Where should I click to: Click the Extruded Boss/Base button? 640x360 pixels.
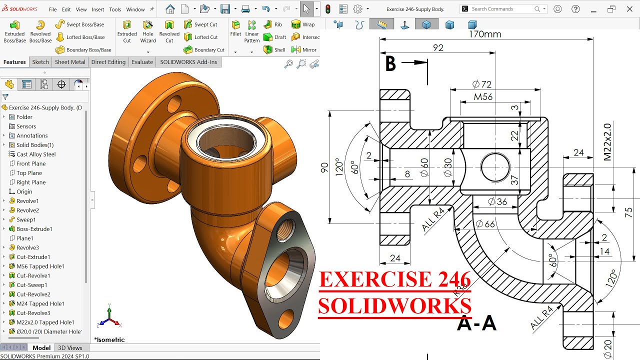pyautogui.click(x=14, y=31)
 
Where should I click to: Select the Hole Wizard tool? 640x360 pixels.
pyautogui.click(x=148, y=31)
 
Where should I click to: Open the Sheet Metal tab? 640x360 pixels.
pyautogui.click(x=70, y=62)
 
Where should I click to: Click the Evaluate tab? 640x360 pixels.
pyautogui.click(x=142, y=62)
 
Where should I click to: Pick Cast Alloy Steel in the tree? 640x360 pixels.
pyautogui.click(x=35, y=154)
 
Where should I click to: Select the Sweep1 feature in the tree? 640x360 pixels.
pyautogui.click(x=26, y=219)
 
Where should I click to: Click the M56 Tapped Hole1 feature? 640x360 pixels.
pyautogui.click(x=40, y=266)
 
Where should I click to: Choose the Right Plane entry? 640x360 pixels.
pyautogui.click(x=31, y=182)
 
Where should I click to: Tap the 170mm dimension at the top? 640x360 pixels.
pyautogui.click(x=484, y=34)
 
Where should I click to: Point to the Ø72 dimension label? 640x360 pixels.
pyautogui.click(x=481, y=84)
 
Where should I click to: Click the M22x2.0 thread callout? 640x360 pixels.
pyautogui.click(x=607, y=141)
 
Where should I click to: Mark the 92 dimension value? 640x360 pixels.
pyautogui.click(x=438, y=48)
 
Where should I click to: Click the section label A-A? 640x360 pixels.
pyautogui.click(x=476, y=323)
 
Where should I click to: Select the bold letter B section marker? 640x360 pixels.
pyautogui.click(x=390, y=64)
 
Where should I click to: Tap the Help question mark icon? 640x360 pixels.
pyautogui.click(x=575, y=9)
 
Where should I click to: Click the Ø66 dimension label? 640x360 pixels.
pyautogui.click(x=485, y=224)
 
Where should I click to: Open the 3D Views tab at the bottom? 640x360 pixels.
pyautogui.click(x=70, y=348)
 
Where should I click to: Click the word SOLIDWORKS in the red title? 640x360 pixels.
pyautogui.click(x=394, y=305)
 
